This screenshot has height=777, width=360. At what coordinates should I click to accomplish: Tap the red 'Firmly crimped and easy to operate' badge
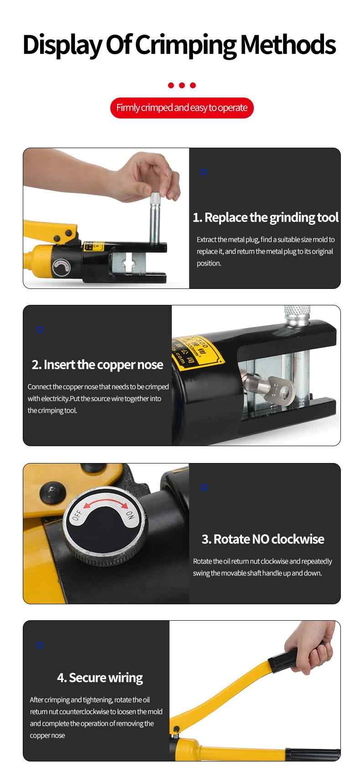click(x=182, y=108)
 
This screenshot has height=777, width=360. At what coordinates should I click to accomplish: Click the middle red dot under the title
click(x=182, y=85)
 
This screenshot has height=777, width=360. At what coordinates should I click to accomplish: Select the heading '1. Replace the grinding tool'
click(x=266, y=217)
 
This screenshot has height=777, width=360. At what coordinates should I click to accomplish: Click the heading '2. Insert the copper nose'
click(x=98, y=365)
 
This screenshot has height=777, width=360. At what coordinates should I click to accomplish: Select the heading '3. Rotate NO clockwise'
click(x=263, y=540)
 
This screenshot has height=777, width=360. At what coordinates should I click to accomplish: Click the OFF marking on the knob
click(x=77, y=516)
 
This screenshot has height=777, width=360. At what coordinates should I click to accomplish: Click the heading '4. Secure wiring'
click(x=100, y=678)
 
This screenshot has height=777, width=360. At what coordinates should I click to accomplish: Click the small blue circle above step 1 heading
click(x=204, y=172)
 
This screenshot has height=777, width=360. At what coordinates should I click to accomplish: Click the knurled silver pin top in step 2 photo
click(x=297, y=314)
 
